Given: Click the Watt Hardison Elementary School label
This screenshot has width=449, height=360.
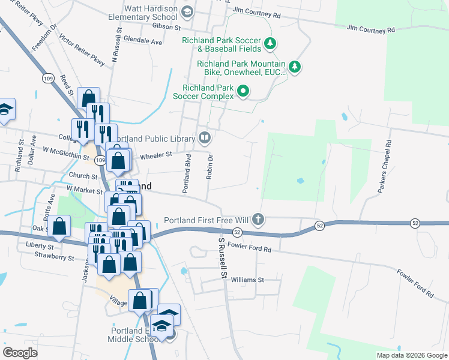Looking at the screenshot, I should click(151, 13).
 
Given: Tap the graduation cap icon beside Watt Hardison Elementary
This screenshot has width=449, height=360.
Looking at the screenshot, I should click(187, 12).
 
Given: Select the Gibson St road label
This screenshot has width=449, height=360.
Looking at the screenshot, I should click(166, 28).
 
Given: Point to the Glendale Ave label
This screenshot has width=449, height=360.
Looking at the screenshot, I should click(142, 42).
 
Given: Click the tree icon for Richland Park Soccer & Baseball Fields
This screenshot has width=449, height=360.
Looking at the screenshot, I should click(271, 43).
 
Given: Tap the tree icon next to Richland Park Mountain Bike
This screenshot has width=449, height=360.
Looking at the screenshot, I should click(294, 67).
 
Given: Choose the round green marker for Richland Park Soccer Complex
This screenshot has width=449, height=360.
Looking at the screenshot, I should click(243, 91).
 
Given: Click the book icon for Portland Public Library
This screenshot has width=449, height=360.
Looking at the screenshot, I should click(205, 139).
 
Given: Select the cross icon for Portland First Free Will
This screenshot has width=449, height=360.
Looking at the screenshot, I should click(258, 218).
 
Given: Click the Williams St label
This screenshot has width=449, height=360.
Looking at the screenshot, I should click(247, 280).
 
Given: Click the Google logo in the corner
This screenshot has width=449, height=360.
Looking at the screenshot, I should click(20, 352).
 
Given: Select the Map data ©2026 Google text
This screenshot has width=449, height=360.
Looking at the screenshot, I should click(411, 355).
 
